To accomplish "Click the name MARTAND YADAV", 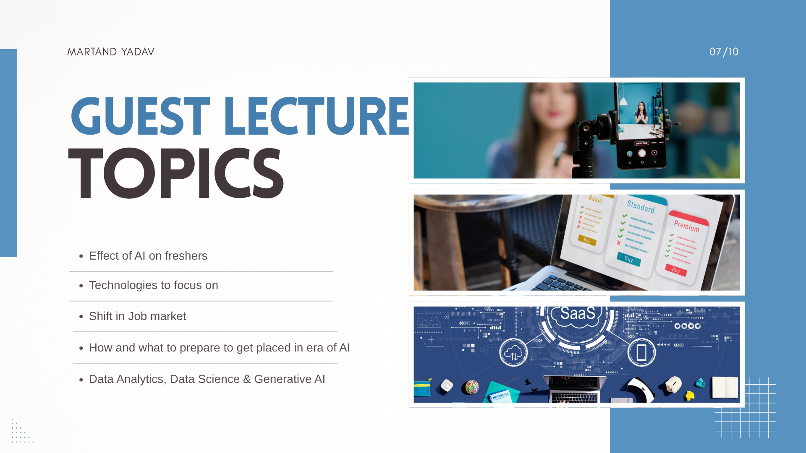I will click(x=111, y=52).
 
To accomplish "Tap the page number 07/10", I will click(x=724, y=52).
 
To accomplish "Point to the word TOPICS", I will click(x=176, y=174).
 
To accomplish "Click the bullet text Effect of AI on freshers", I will click(x=148, y=256).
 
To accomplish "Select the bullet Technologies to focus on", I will click(x=153, y=285).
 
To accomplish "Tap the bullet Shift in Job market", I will click(x=137, y=316).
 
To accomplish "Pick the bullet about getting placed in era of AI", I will click(x=219, y=348).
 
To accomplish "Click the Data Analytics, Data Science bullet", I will click(x=207, y=379).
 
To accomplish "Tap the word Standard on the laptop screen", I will click(x=641, y=206).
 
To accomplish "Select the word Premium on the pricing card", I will click(x=687, y=226).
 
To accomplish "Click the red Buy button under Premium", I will click(x=676, y=270).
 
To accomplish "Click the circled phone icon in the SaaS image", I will click(x=641, y=353).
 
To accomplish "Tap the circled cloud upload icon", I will click(x=513, y=353).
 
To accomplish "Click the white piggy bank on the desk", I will click(x=673, y=384).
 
